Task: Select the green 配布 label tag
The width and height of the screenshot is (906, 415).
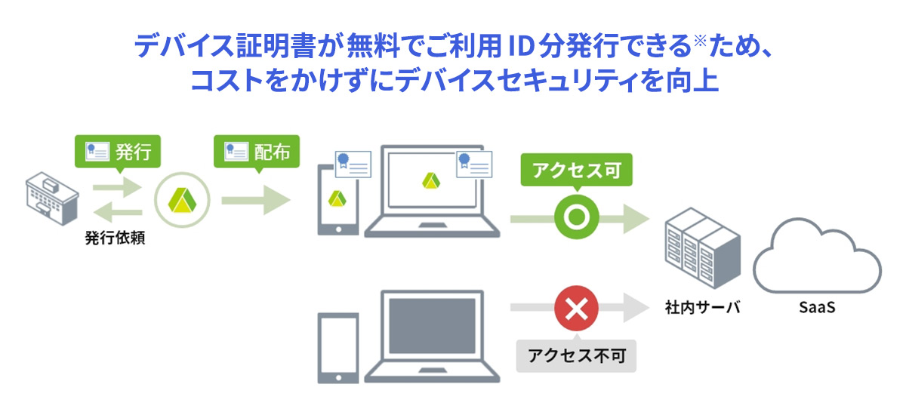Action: [257, 152]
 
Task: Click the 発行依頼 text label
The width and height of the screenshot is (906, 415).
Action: [115, 239]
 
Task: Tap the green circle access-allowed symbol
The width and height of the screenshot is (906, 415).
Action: [577, 219]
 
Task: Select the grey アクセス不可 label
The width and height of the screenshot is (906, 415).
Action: [577, 355]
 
